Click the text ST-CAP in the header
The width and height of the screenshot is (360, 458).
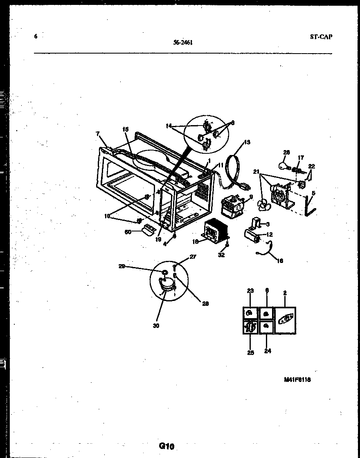(321, 37)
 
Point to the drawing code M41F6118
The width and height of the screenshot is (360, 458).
(297, 379)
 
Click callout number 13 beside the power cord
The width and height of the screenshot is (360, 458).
(247, 142)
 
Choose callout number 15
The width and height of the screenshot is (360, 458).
(126, 129)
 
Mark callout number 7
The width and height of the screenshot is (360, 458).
(97, 133)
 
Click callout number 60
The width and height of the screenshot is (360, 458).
(128, 232)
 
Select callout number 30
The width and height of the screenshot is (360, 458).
(156, 326)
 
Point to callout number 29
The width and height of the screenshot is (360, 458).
(121, 266)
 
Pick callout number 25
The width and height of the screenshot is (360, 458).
(250, 352)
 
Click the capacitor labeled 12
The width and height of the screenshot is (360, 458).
(252, 236)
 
